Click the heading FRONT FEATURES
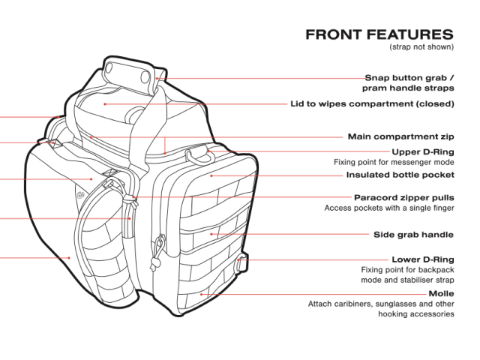(379, 34)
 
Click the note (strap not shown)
(421, 48)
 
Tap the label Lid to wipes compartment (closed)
(372, 103)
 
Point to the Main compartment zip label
(400, 137)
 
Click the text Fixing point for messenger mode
(394, 162)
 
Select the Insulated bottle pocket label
(400, 175)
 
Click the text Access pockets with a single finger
(389, 208)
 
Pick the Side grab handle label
(413, 235)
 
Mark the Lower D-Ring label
(423, 259)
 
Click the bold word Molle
(441, 293)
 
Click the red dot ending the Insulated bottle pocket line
(211, 175)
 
